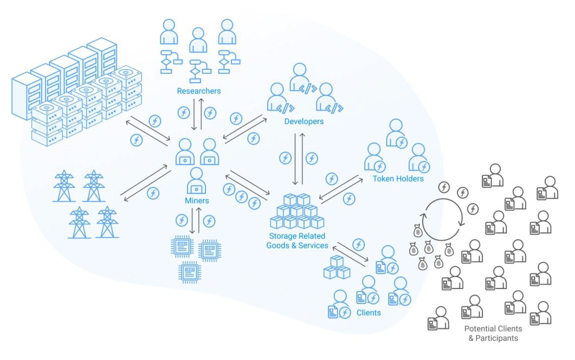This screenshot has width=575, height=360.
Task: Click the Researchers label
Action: click(x=198, y=91)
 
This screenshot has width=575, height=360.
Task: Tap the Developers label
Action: click(x=304, y=121)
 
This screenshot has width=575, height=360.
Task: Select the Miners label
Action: click(x=197, y=200)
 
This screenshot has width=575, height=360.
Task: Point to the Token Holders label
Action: click(x=398, y=178)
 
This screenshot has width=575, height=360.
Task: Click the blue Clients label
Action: click(x=368, y=312)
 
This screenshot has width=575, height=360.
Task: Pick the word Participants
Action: click(x=496, y=338)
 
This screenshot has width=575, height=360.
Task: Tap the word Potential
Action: click(x=479, y=329)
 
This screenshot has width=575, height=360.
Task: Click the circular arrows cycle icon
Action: click(x=443, y=219)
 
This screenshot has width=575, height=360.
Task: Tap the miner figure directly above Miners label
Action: click(x=196, y=180)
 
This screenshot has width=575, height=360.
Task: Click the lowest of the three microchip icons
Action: click(x=190, y=272)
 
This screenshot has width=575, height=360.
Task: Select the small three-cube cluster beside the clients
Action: click(x=337, y=268)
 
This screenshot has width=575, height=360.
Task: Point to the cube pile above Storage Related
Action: click(x=297, y=211)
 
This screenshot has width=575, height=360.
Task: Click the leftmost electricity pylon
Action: click(x=64, y=186)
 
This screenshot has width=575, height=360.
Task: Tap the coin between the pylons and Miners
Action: click(x=153, y=193)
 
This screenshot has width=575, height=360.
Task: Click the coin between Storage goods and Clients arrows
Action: click(x=358, y=244)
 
